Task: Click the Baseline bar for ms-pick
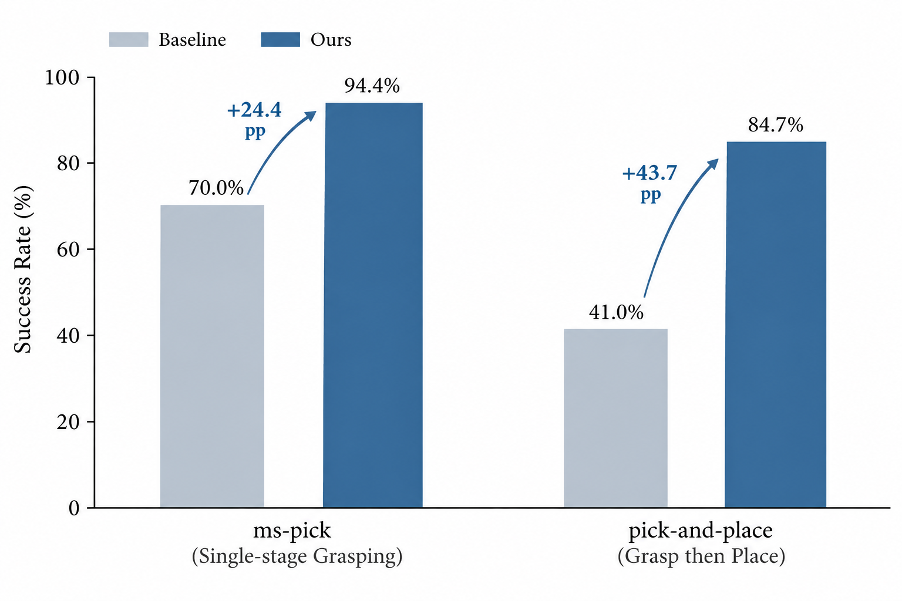pos(212,356)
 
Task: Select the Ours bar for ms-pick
pos(373,305)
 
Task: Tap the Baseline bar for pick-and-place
pos(615,418)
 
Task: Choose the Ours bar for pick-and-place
pos(776,325)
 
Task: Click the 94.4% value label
pos(372,86)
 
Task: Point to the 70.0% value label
pos(216,188)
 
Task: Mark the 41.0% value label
pos(616,312)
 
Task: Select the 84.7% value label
pos(776,125)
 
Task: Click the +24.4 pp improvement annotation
pos(254,120)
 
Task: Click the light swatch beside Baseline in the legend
pos(129,39)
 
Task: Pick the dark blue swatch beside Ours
pos(281,39)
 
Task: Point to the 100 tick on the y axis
pos(62,77)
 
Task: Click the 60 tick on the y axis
pos(68,249)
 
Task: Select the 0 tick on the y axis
pos(73,508)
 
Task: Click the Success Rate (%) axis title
pos(22,269)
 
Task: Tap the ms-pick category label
pos(292,531)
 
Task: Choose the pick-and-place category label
pos(701,531)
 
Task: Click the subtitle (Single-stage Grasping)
pos(297,556)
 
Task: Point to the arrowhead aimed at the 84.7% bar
pos(713,164)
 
